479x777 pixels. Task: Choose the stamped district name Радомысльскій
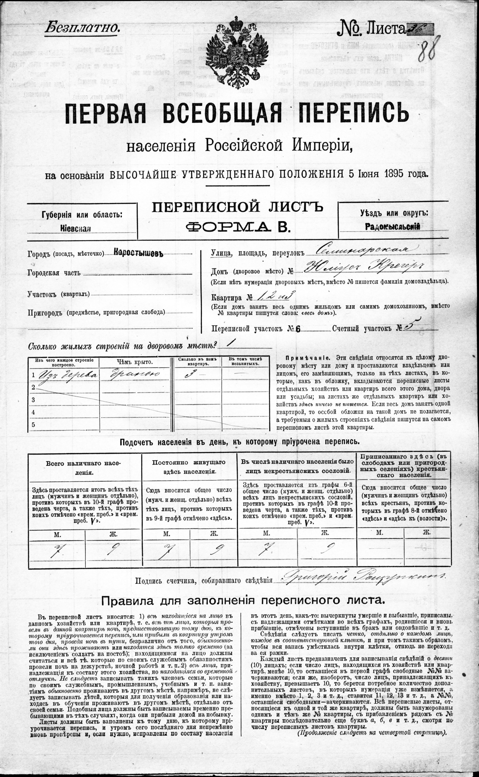pyautogui.click(x=393, y=226)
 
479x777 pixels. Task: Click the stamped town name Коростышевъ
pyautogui.click(x=138, y=253)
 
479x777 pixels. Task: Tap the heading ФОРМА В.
pyautogui.click(x=238, y=227)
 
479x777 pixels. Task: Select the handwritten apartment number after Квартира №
pyautogui.click(x=275, y=296)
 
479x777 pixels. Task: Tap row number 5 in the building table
pyautogui.click(x=33, y=424)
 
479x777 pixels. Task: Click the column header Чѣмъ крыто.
pyautogui.click(x=134, y=362)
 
